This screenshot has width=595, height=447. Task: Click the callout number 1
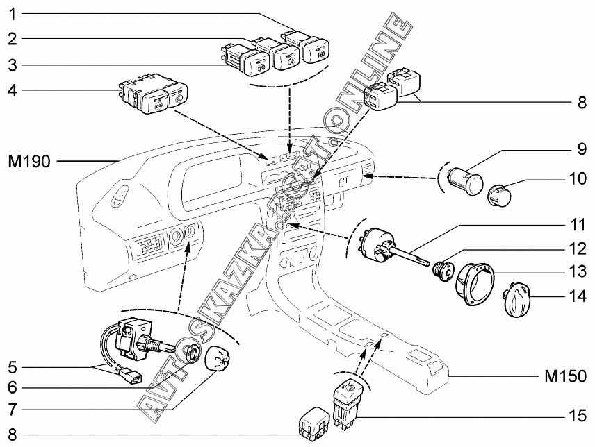(13, 15)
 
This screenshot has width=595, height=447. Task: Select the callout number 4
(13, 90)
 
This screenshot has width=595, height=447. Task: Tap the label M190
(29, 162)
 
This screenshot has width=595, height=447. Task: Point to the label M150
(565, 376)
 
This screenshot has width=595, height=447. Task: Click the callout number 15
(578, 416)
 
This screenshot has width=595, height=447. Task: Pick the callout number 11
(578, 225)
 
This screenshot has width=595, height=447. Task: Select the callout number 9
(582, 149)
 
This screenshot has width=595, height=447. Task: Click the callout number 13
(578, 271)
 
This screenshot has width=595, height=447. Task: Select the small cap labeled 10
(499, 196)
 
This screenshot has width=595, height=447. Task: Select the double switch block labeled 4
(154, 93)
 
